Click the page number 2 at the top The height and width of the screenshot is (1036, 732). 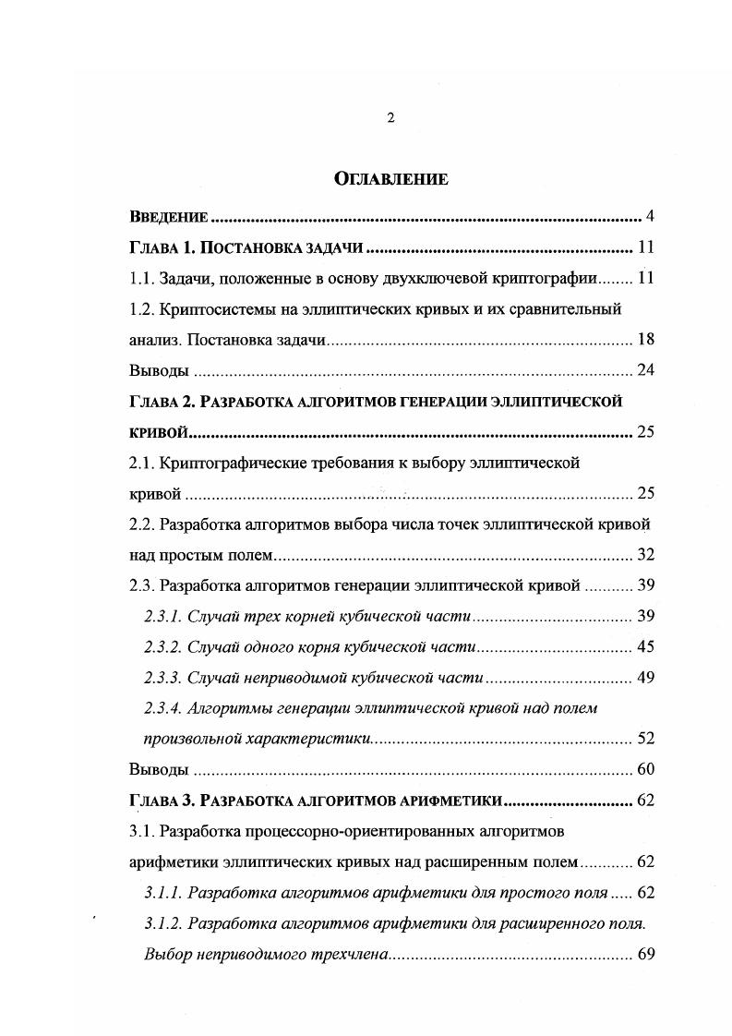pyautogui.click(x=390, y=117)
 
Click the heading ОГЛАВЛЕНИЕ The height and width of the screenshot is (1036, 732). pyautogui.click(x=390, y=179)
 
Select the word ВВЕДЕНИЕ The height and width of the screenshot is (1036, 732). pyautogui.click(x=169, y=218)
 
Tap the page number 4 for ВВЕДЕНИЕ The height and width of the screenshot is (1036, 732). pyautogui.click(x=650, y=217)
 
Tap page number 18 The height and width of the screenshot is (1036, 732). pyautogui.click(x=645, y=339)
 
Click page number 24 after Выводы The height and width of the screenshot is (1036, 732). pyautogui.click(x=645, y=370)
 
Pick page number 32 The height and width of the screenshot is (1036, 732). pyautogui.click(x=645, y=554)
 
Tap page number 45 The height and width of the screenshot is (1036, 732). pyautogui.click(x=645, y=646)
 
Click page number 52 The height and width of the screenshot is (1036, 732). pyautogui.click(x=645, y=739)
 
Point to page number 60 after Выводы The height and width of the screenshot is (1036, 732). pyautogui.click(x=645, y=769)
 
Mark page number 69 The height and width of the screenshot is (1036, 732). pyautogui.click(x=645, y=954)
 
